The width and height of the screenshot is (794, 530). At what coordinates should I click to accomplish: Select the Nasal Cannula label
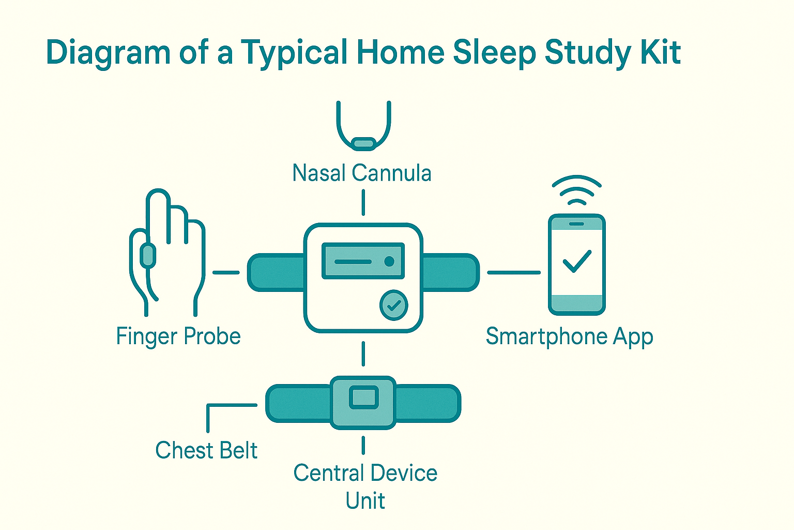point(362,173)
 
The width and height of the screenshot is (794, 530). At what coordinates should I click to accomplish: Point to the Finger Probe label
point(178,336)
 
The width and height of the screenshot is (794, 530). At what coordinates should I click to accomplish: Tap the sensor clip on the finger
point(148,256)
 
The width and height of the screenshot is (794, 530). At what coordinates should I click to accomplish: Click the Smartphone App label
point(569,337)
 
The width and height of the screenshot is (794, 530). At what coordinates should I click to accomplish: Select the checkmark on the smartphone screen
point(577,261)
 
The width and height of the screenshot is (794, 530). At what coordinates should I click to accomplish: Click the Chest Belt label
point(206,450)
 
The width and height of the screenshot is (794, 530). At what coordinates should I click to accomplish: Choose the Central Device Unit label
point(365,487)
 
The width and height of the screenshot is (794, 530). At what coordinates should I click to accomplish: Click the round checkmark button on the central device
point(394,305)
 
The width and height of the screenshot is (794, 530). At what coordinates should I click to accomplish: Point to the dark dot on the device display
point(389,261)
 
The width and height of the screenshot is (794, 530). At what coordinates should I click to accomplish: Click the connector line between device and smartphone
point(513,272)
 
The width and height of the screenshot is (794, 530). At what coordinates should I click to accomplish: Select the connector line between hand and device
point(226,272)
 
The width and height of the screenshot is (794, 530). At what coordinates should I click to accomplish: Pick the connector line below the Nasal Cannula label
point(363,202)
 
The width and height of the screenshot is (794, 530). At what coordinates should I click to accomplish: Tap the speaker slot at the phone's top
point(576,224)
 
